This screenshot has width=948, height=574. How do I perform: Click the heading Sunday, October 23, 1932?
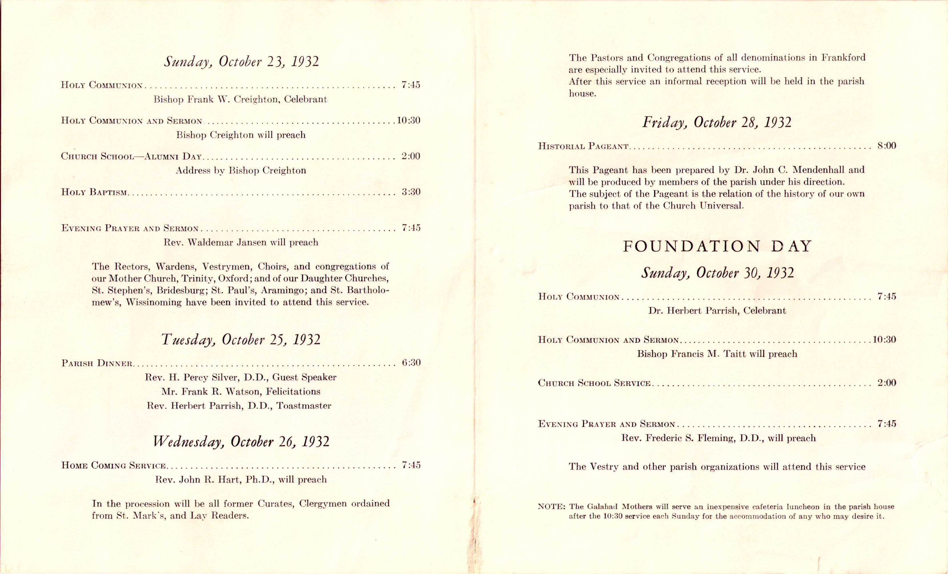click(241, 62)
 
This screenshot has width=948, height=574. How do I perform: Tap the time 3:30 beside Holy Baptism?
click(411, 192)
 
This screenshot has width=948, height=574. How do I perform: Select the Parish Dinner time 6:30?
click(411, 362)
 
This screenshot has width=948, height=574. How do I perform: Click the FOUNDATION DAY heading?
click(717, 246)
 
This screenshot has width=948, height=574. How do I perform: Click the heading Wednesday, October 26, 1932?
click(241, 441)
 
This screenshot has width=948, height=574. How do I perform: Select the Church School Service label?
click(594, 383)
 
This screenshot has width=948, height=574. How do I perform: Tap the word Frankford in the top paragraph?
click(843, 58)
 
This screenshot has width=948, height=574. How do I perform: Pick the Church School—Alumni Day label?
click(131, 156)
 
